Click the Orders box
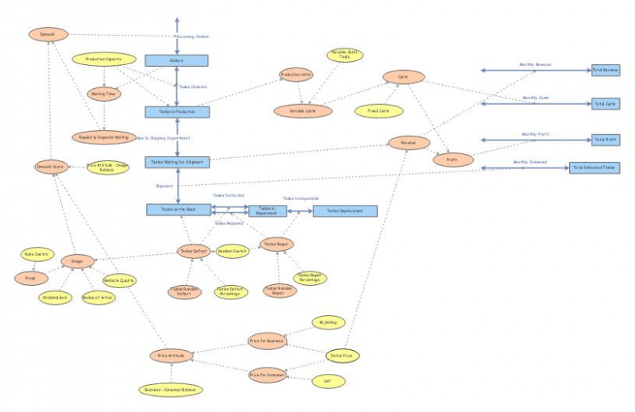[x=176, y=60]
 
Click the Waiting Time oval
[x=104, y=94]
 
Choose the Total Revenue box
[x=605, y=71]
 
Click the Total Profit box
[x=605, y=140]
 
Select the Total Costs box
[x=605, y=104]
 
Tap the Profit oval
[x=453, y=160]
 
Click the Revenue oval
[x=408, y=143]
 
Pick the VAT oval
[x=327, y=381]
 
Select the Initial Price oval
[x=341, y=356]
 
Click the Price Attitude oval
[x=171, y=356]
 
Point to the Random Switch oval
[x=233, y=251]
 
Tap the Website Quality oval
[x=119, y=280]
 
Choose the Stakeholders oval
[x=55, y=298]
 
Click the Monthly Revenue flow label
[x=536, y=64]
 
